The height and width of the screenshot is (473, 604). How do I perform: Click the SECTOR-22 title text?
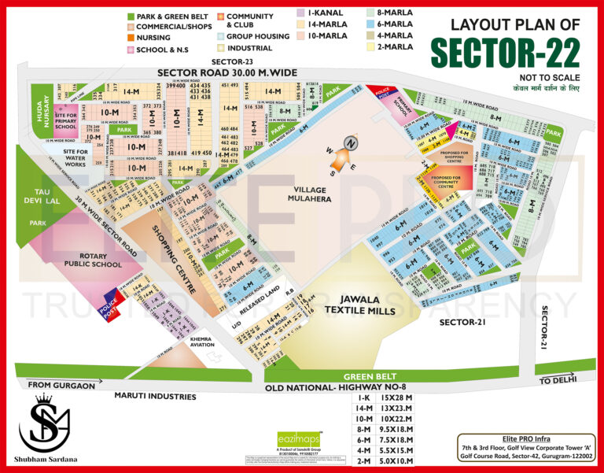click(x=504, y=53)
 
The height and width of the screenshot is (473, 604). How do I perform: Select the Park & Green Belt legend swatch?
click(x=131, y=16)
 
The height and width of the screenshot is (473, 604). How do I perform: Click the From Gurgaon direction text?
click(x=61, y=385)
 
